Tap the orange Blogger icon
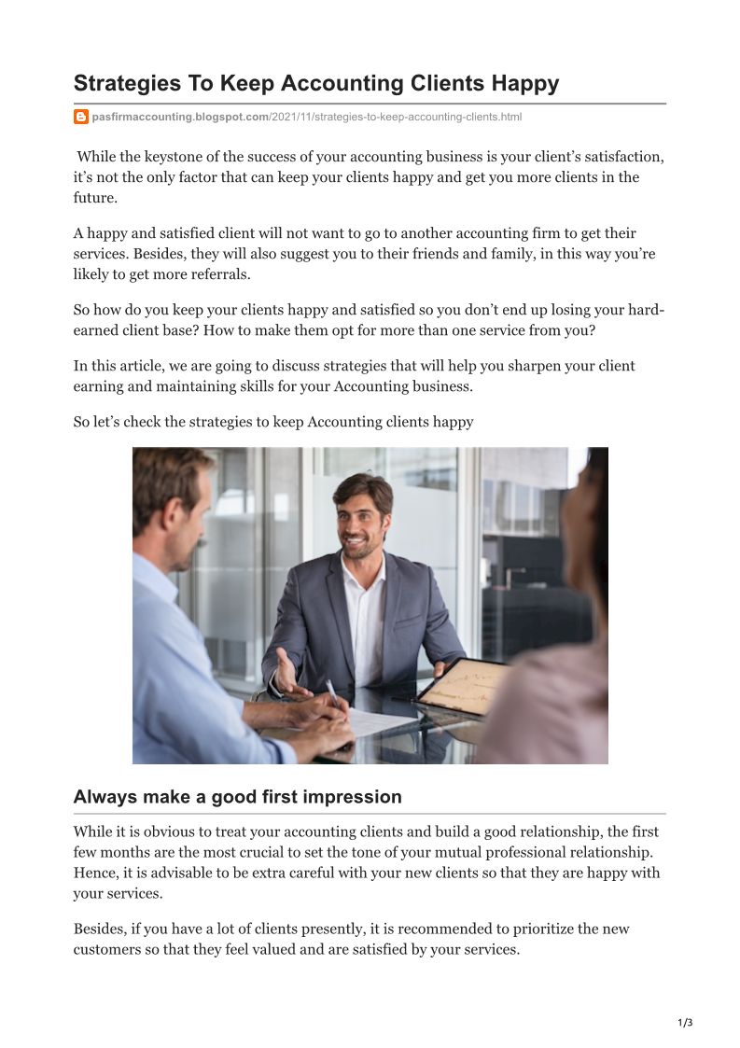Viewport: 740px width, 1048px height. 81,117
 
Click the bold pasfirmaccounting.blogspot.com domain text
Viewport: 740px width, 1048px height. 180,117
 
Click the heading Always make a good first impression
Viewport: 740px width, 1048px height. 237,797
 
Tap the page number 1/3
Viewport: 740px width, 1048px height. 685,1023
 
